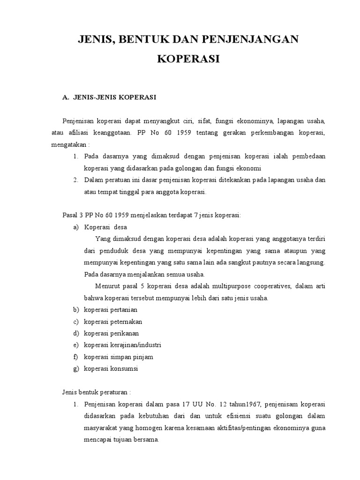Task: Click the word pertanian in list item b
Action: point(123,310)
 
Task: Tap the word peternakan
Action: point(125,322)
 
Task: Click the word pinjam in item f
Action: point(143,357)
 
